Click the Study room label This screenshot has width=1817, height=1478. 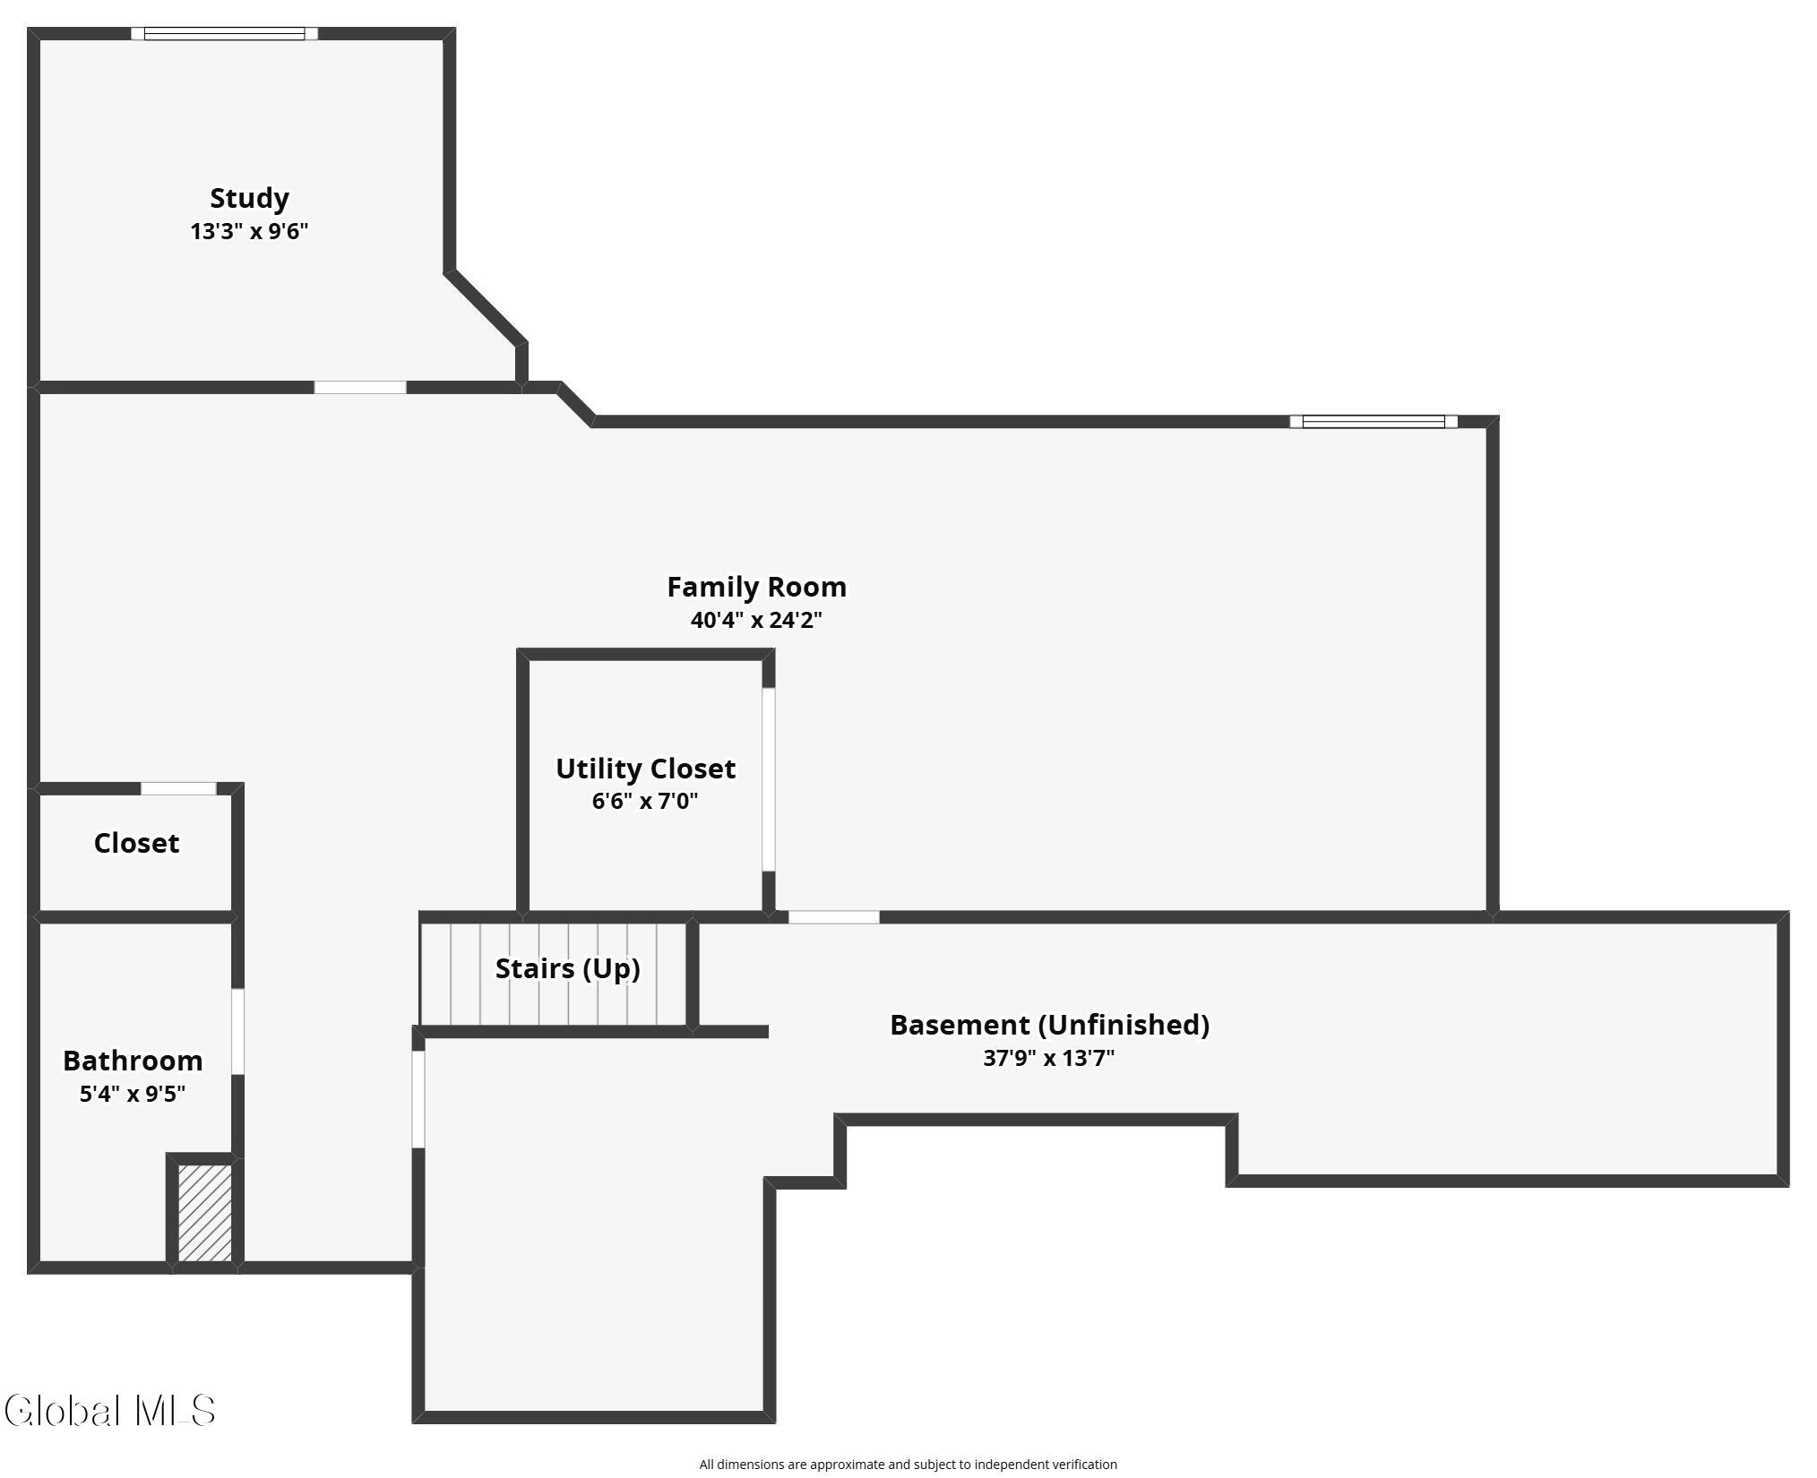click(x=249, y=198)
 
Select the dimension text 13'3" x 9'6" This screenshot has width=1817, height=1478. click(x=249, y=231)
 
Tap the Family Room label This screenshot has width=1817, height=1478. click(x=756, y=587)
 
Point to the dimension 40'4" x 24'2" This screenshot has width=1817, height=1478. click(x=756, y=620)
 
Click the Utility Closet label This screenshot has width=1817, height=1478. click(x=645, y=769)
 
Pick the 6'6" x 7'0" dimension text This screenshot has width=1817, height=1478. click(x=645, y=801)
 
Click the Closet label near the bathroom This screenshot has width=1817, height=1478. click(x=136, y=843)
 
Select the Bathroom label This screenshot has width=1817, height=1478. click(x=133, y=1061)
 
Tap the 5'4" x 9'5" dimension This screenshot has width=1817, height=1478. click(x=133, y=1094)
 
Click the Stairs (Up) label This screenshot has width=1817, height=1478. click(x=567, y=968)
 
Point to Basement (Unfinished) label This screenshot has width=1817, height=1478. click(x=1049, y=1025)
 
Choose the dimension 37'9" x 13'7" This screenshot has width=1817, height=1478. click(x=1049, y=1058)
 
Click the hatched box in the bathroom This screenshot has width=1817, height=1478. click(x=205, y=1212)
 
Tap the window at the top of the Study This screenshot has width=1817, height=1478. click(x=225, y=34)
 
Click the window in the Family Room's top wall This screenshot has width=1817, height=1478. click(x=1374, y=422)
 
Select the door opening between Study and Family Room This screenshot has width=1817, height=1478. click(x=360, y=387)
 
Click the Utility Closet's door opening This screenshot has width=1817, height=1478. click(x=768, y=779)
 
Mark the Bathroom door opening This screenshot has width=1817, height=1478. click(x=237, y=1031)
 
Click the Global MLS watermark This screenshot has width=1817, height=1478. click(x=109, y=1410)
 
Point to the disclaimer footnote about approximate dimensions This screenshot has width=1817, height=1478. click(x=908, y=1465)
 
